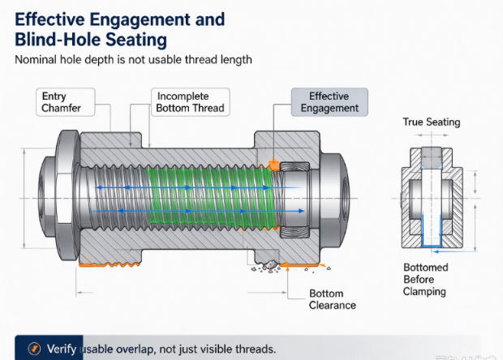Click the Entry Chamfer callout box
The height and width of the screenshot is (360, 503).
[x=66, y=102]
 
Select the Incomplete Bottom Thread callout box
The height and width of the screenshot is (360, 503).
[x=191, y=102]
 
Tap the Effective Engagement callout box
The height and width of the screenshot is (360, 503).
[x=329, y=102]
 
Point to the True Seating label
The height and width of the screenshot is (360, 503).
[x=432, y=122]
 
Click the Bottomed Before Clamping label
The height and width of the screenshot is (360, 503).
[x=425, y=280]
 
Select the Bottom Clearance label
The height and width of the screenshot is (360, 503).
[x=333, y=299]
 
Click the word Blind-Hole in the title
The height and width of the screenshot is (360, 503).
[x=58, y=40]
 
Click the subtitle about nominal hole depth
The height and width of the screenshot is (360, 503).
[x=133, y=60]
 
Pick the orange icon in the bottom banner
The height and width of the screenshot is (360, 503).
[x=34, y=349]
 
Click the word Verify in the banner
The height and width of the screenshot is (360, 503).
[x=62, y=349]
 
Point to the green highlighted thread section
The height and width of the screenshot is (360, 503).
[x=212, y=198]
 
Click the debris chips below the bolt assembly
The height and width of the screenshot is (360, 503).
[x=266, y=267]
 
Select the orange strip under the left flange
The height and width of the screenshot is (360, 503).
[x=110, y=265]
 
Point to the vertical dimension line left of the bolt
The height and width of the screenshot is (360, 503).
[x=24, y=199]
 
